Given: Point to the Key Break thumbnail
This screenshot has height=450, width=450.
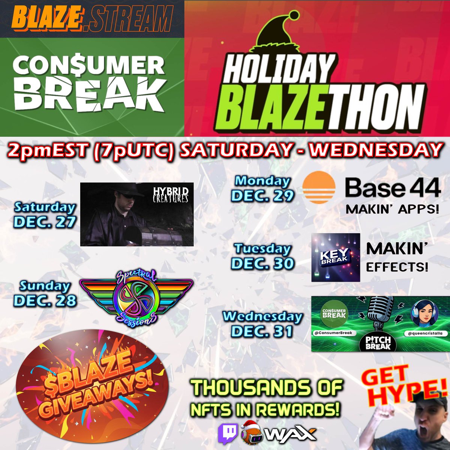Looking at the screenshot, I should click(x=335, y=257).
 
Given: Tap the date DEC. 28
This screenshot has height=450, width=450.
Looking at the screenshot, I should click(x=45, y=300).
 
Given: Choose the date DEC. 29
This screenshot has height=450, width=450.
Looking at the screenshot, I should click(x=262, y=195).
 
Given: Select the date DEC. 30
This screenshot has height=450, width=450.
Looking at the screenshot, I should click(x=262, y=263).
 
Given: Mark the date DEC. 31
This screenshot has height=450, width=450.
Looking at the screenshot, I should click(x=262, y=331).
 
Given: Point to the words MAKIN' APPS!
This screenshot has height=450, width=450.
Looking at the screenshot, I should click(x=392, y=209).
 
